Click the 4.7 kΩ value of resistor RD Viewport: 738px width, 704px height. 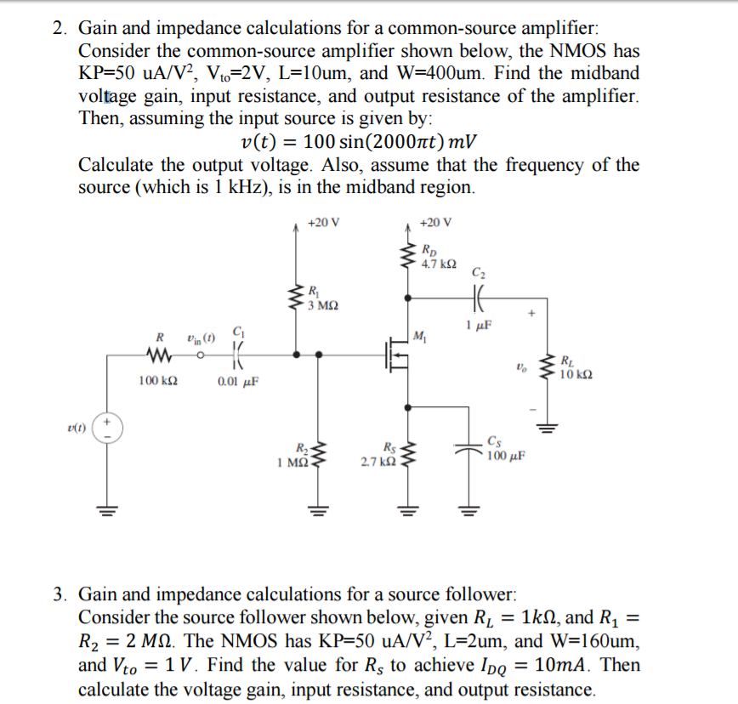click(x=439, y=264)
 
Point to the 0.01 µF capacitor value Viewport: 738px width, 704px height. click(x=238, y=382)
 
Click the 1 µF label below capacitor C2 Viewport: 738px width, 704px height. click(x=479, y=326)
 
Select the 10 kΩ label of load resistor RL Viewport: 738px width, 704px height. click(x=576, y=374)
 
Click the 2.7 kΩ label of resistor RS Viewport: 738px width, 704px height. click(x=377, y=460)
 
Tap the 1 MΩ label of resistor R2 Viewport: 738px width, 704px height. click(x=292, y=462)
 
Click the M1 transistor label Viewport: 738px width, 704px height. click(x=417, y=332)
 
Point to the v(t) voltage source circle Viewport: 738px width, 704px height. click(x=108, y=429)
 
